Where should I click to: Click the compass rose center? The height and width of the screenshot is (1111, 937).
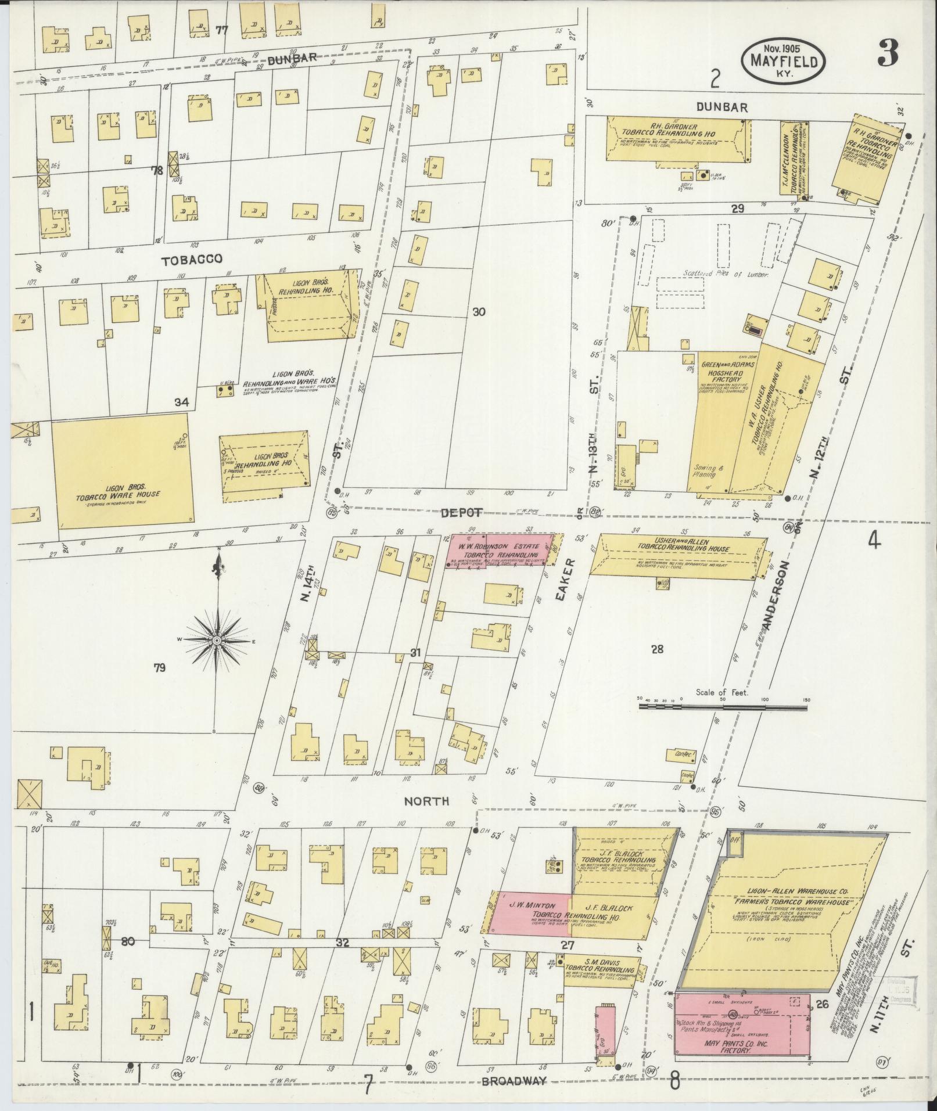tap(216, 640)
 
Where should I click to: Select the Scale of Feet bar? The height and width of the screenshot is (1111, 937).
tap(723, 707)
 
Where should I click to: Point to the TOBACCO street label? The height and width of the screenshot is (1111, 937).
tap(192, 260)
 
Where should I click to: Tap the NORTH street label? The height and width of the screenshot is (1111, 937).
tap(427, 801)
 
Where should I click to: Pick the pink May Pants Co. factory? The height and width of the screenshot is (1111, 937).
tap(742, 1032)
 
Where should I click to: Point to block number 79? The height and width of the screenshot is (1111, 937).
tap(159, 668)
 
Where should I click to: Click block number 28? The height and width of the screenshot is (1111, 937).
tap(657, 649)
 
